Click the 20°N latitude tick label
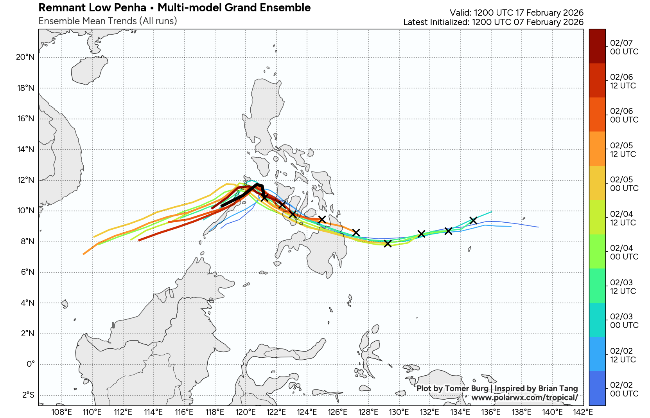(x=25, y=57)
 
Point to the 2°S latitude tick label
(x=28, y=395)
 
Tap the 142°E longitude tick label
(x=583, y=412)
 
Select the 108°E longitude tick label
(x=61, y=412)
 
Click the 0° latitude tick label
(x=31, y=364)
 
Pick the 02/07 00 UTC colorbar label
(x=624, y=47)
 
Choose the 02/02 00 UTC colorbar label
(x=624, y=389)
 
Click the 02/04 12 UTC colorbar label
(x=624, y=218)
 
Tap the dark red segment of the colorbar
(x=597, y=46)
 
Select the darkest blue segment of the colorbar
(x=597, y=388)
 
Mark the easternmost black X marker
(x=473, y=220)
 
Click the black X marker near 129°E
(x=388, y=243)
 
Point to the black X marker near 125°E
(x=321, y=219)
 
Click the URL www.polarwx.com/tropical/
(x=524, y=398)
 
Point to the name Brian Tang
(x=558, y=388)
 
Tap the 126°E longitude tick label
(x=338, y=412)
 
